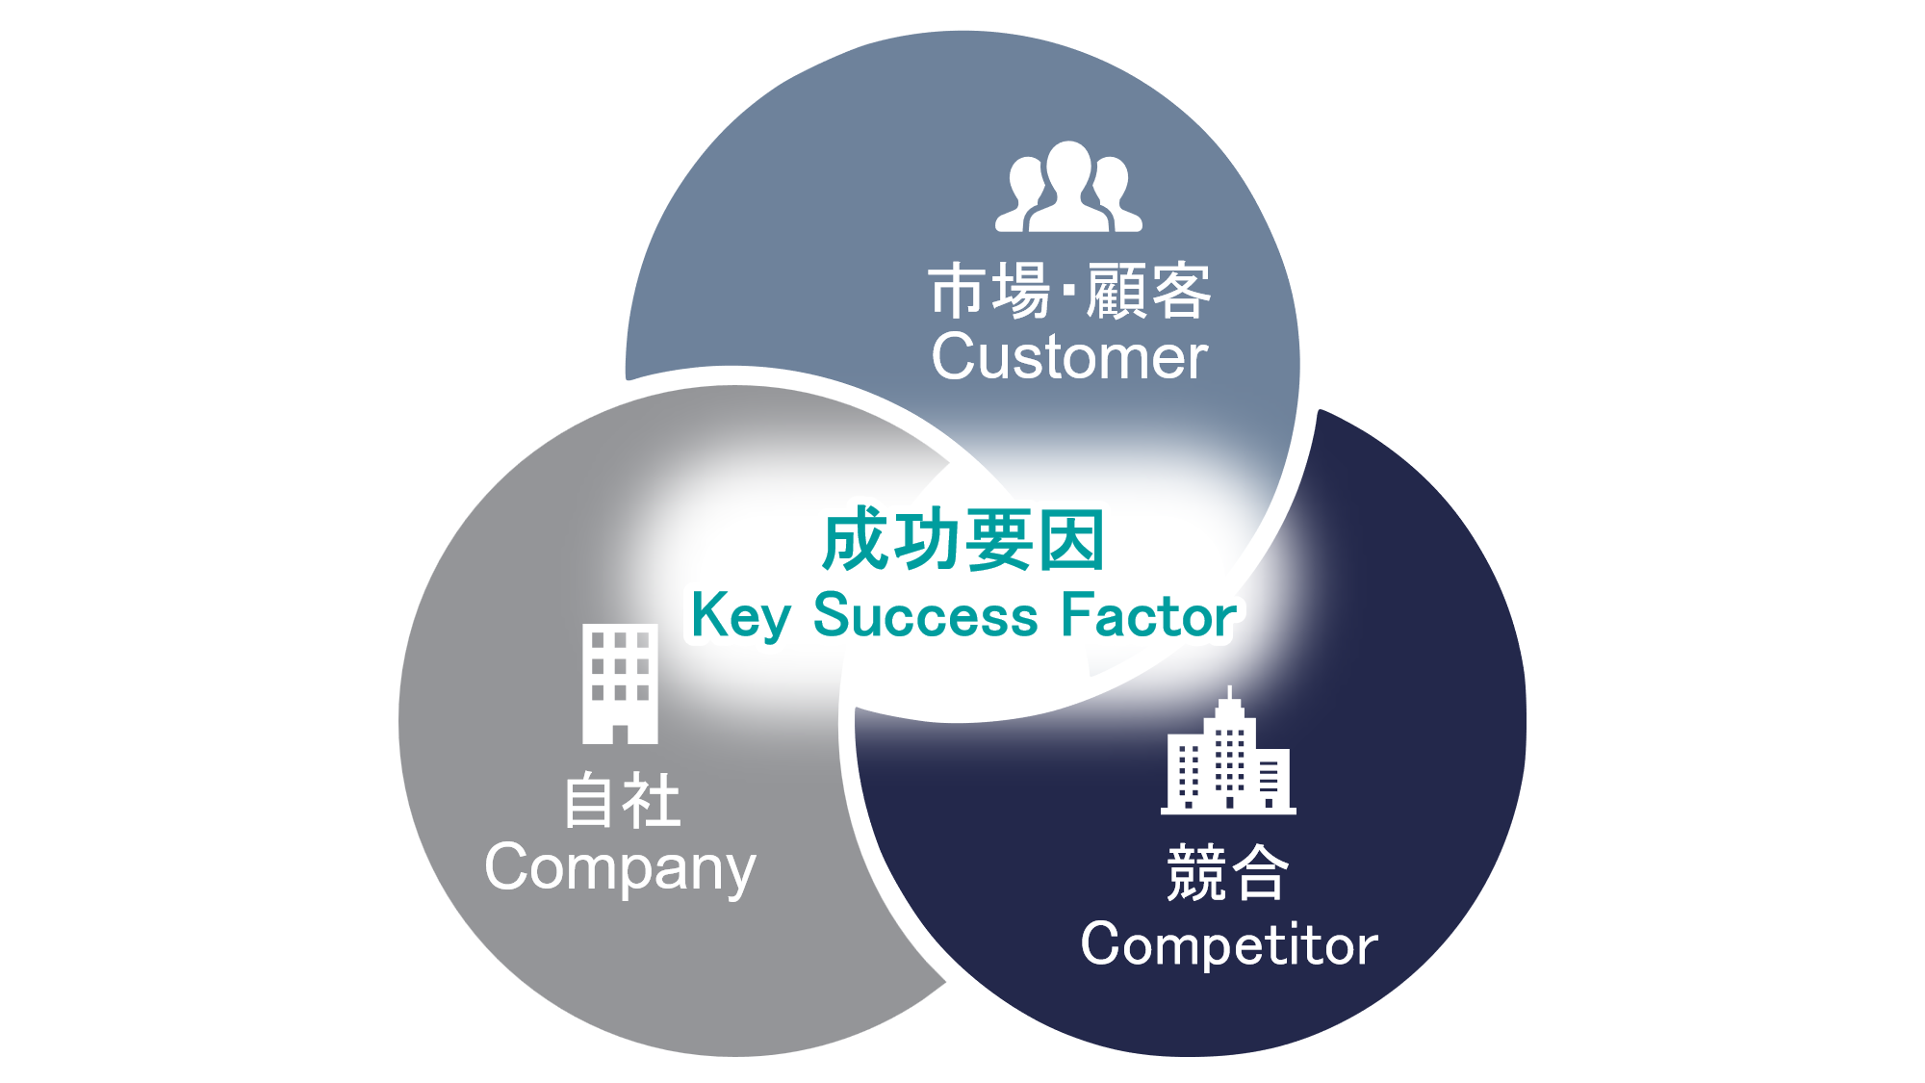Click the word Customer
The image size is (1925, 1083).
pyautogui.click(x=1068, y=357)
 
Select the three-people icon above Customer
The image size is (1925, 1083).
pyautogui.click(x=1068, y=188)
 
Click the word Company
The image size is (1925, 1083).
pyautogui.click(x=620, y=867)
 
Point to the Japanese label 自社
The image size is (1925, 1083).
pyautogui.click(x=622, y=801)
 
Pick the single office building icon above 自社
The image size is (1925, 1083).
pyautogui.click(x=620, y=683)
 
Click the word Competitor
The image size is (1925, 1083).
pyautogui.click(x=1229, y=944)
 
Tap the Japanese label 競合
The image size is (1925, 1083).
pyautogui.click(x=1227, y=872)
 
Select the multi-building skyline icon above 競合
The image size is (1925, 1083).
pyautogui.click(x=1228, y=756)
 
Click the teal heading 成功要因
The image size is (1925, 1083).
pyautogui.click(x=962, y=540)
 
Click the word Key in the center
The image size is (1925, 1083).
pyautogui.click(x=740, y=616)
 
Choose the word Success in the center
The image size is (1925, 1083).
pyautogui.click(x=925, y=616)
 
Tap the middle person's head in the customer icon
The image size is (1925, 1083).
pyautogui.click(x=1068, y=164)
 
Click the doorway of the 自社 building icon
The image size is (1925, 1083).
pyautogui.click(x=620, y=734)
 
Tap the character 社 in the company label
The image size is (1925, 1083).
pyautogui.click(x=653, y=801)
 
